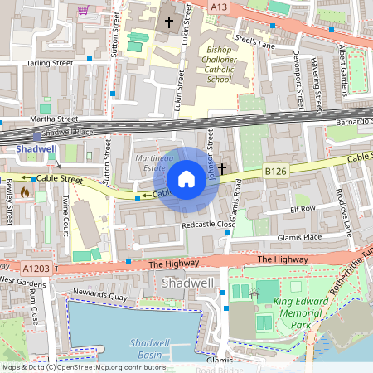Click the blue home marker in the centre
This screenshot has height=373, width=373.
186,179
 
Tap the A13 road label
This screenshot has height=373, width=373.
217,7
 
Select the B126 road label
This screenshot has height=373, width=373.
276,170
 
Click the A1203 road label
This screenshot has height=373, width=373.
36,269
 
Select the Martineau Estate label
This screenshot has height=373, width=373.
154,163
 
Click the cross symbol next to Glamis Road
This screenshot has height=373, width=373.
222,168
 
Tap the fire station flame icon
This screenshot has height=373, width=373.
24,192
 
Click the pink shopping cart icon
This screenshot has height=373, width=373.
83,10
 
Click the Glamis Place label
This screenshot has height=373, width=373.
301,236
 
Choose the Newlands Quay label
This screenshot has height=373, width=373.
99,293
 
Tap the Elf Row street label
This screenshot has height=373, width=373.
303,209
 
